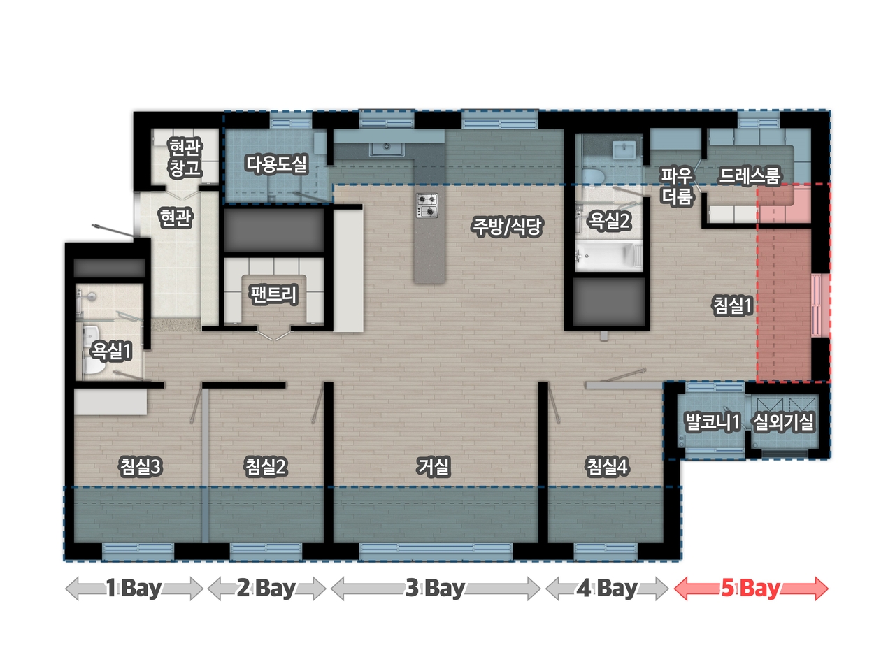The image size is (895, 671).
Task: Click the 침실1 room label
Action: pyautogui.click(x=732, y=305)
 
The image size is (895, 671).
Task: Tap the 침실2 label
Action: pyautogui.click(x=266, y=466)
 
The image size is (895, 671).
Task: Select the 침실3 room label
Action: pyautogui.click(x=141, y=466)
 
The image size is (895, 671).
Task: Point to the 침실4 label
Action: pyautogui.click(x=607, y=466)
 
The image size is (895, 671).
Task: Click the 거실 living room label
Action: pyautogui.click(x=433, y=466)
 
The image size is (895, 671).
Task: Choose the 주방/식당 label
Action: pyautogui.click(x=506, y=226)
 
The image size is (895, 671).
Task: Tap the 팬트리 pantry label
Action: pyautogui.click(x=273, y=294)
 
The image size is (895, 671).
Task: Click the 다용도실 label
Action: pyautogui.click(x=276, y=164)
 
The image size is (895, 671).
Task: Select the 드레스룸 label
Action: pyautogui.click(x=750, y=175)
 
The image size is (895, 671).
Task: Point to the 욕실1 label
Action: pyautogui.click(x=111, y=351)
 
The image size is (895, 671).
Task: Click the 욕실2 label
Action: pyautogui.click(x=609, y=221)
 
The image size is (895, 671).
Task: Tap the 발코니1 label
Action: pyautogui.click(x=712, y=421)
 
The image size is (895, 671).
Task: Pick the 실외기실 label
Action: pyautogui.click(x=783, y=421)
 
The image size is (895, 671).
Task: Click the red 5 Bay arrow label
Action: pyautogui.click(x=751, y=589)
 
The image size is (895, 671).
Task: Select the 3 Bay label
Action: pyautogui.click(x=435, y=589)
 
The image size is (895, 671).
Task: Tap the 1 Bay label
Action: pyautogui.click(x=134, y=589)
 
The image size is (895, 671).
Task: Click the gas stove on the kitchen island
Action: pyautogui.click(x=427, y=205)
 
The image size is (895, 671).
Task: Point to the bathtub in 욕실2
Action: pyautogui.click(x=609, y=256)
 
